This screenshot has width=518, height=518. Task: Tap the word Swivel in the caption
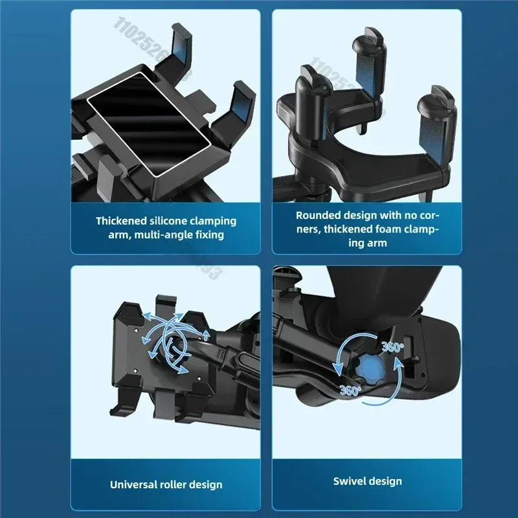[x=350, y=481]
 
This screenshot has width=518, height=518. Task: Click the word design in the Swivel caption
[x=385, y=481]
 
